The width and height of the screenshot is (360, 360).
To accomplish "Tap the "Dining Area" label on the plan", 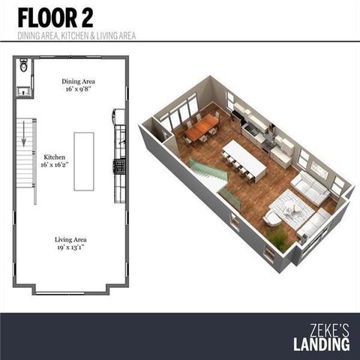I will [78, 81].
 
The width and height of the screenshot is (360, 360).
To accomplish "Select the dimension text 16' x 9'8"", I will [78, 89].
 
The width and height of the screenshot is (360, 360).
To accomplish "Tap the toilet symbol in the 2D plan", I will [23, 67].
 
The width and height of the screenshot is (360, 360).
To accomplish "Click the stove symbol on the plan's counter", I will [118, 166].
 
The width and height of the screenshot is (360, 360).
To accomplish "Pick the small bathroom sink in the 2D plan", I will [23, 91].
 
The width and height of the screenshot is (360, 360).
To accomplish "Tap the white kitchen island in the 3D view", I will [244, 158].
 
